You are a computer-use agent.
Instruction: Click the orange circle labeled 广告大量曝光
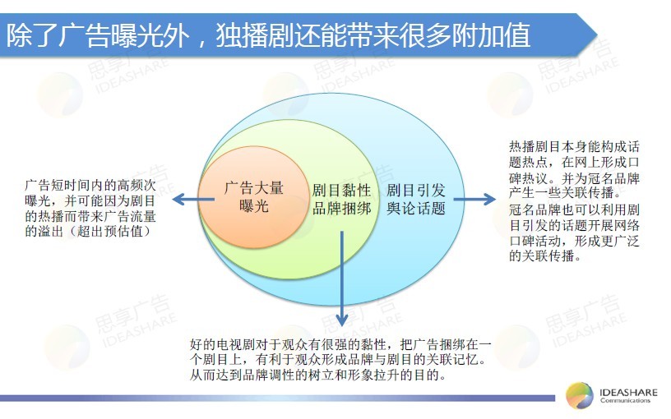click(254, 197)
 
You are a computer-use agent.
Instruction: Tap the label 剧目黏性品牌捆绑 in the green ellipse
click(341, 200)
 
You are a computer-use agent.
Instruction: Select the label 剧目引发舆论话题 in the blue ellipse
click(416, 200)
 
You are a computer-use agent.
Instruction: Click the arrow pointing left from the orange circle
click(193, 199)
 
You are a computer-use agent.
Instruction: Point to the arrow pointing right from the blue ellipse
click(474, 199)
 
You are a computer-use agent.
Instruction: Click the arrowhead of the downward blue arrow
click(341, 320)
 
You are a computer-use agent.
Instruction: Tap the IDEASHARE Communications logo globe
click(580, 395)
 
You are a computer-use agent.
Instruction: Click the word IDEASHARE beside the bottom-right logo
click(628, 392)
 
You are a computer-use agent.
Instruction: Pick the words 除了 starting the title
click(32, 35)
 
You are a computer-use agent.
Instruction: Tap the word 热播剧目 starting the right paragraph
click(535, 146)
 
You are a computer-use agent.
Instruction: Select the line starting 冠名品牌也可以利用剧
click(574, 209)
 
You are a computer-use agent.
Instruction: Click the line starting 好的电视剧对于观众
click(341, 344)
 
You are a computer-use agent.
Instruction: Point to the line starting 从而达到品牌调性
click(318, 375)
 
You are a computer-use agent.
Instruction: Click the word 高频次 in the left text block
click(136, 185)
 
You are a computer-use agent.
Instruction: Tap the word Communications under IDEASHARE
click(625, 401)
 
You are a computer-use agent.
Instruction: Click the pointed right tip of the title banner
click(597, 35)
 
